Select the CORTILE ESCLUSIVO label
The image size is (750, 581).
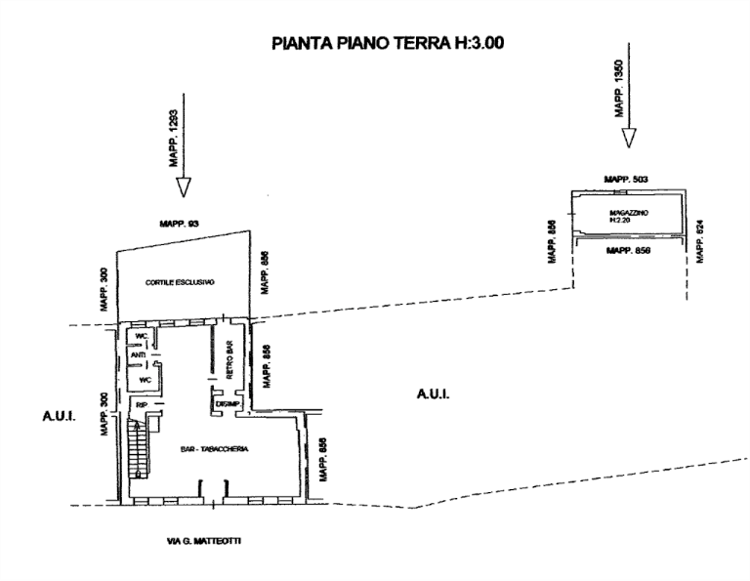(x=181, y=283)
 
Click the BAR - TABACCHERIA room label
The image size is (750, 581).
(x=215, y=449)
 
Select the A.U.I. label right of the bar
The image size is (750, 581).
(x=432, y=394)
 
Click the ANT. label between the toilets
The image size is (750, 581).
(x=138, y=355)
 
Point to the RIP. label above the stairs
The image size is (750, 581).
(x=142, y=404)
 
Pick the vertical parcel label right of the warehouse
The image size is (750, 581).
(x=699, y=240)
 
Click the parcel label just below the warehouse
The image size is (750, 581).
(x=628, y=251)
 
